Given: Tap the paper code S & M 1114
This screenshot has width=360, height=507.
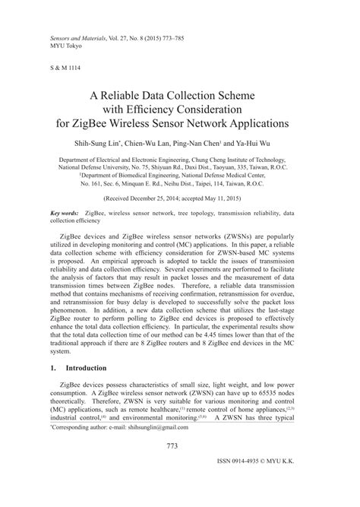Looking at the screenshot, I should click(x=66, y=67).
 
